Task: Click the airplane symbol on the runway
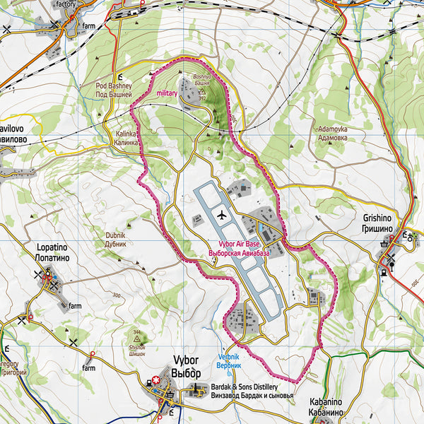coord(221,214)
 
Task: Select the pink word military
coord(167,93)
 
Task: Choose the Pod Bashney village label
coord(114,90)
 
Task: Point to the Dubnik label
coord(114,239)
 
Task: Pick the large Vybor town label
coord(186,367)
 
